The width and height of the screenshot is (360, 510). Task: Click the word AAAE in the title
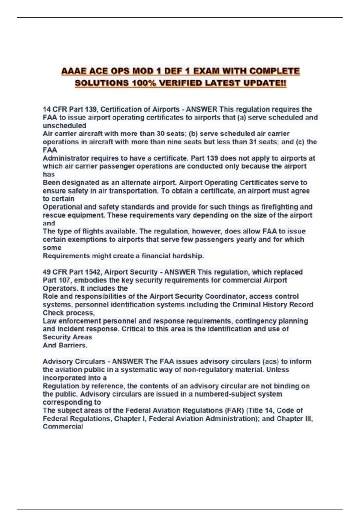tap(74, 71)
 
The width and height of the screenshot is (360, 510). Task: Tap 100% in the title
tap(144, 83)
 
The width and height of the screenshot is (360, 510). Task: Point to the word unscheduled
tap(64, 126)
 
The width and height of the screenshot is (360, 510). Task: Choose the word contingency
tap(256, 321)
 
